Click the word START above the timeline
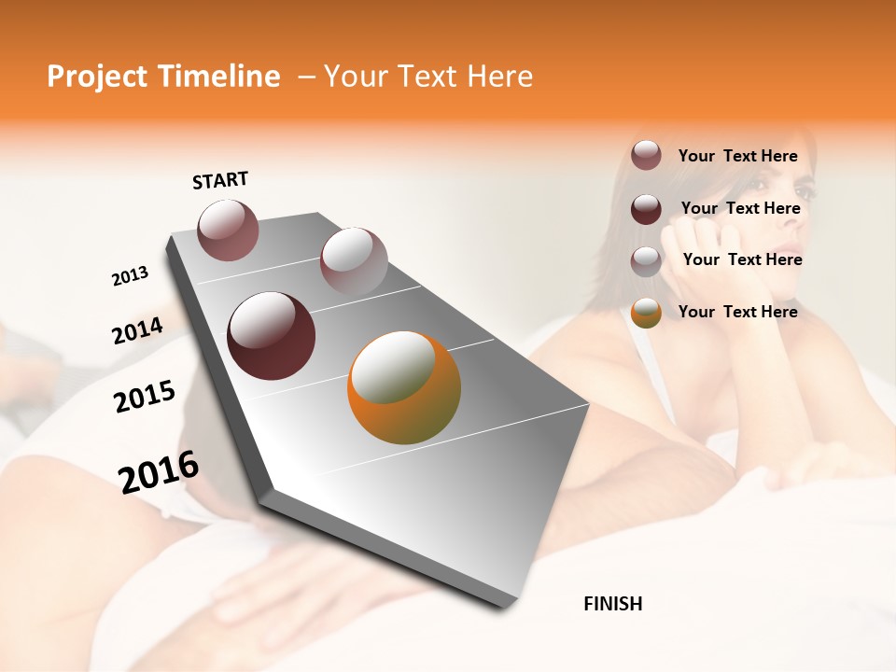click(220, 180)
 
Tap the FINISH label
click(612, 604)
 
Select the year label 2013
click(130, 276)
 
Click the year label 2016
click(159, 472)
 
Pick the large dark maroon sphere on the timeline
click(271, 336)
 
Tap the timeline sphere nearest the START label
click(229, 230)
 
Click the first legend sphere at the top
click(646, 156)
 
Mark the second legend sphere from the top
click(646, 209)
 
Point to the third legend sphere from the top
click(646, 260)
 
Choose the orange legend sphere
click(646, 313)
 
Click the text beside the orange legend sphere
click(737, 312)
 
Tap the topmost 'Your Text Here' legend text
click(737, 156)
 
